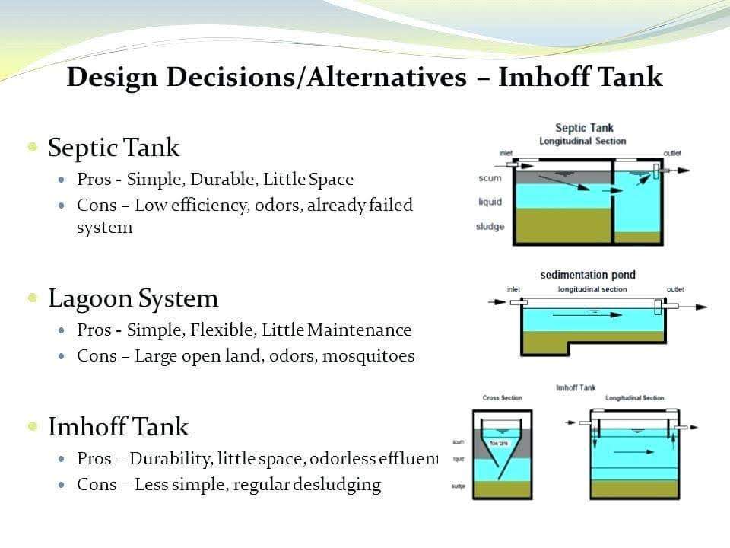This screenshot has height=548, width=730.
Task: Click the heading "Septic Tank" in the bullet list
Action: pos(113,147)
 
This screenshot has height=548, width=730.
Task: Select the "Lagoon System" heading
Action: pos(133,298)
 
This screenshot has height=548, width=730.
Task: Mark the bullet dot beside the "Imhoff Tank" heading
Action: pos(33,426)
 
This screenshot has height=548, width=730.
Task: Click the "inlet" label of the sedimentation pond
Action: pos(513,289)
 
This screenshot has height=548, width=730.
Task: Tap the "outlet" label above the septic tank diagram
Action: pos(672,153)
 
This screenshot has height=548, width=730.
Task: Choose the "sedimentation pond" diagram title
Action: pos(588,275)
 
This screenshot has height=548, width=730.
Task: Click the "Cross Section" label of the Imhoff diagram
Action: pos(502,398)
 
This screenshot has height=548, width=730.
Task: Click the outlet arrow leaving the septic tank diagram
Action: pos(681,170)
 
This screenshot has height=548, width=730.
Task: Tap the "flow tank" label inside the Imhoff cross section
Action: pos(499,442)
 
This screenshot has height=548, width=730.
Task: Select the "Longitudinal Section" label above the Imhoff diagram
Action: pos(634,398)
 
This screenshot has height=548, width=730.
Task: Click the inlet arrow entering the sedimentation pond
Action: pos(498,302)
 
